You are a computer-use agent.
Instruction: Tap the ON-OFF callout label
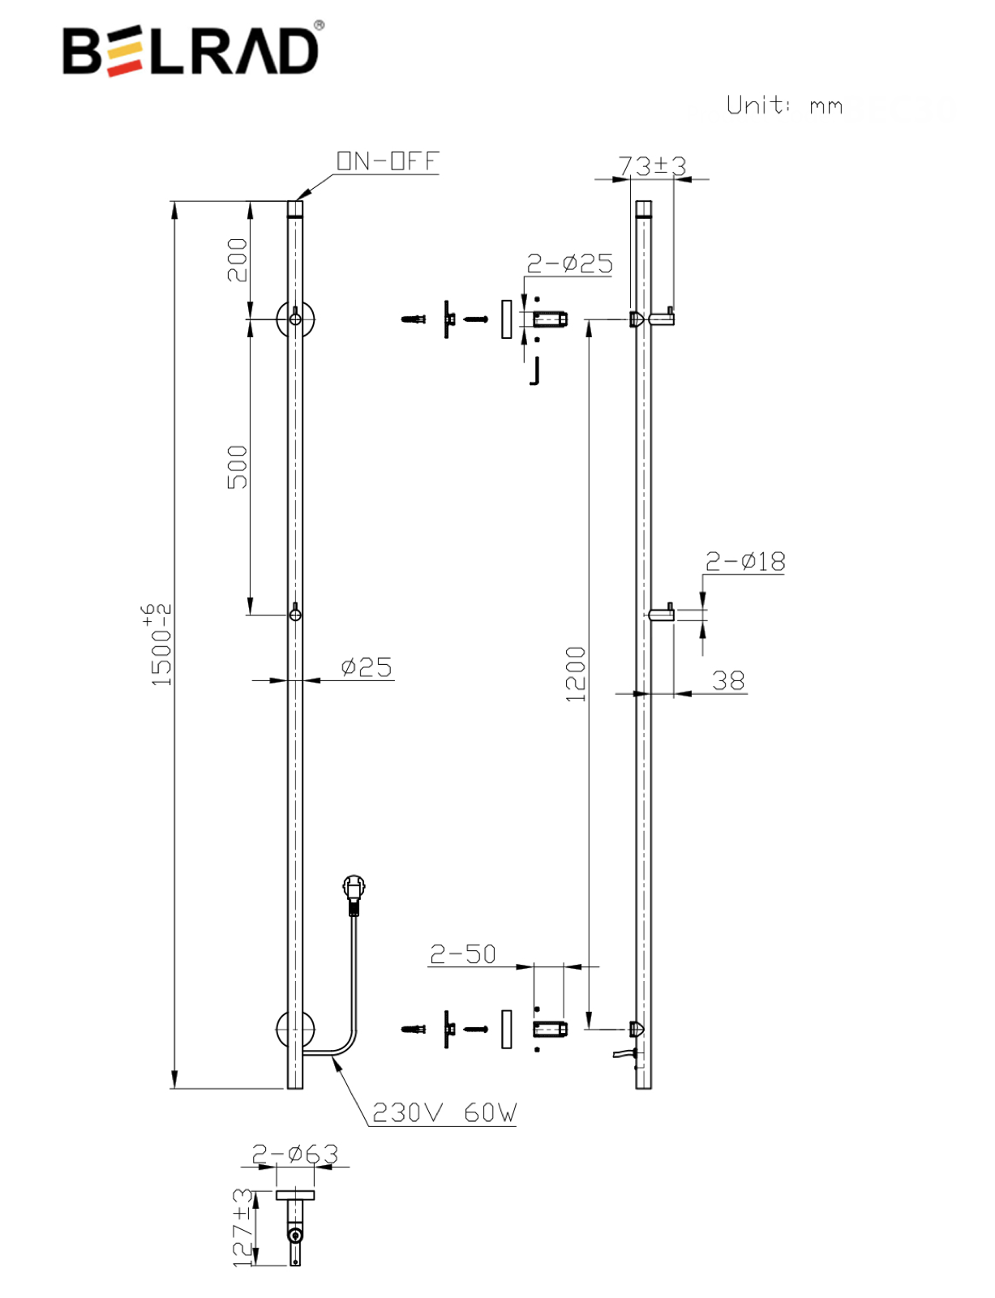click(388, 161)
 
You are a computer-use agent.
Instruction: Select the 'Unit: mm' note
click(784, 105)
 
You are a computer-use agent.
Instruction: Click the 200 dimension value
click(237, 259)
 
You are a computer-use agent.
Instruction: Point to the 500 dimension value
click(237, 466)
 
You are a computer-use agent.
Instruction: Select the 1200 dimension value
click(575, 673)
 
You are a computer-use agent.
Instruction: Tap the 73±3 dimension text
click(652, 165)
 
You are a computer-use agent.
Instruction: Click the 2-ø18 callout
click(744, 561)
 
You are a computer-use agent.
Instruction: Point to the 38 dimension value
click(728, 679)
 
